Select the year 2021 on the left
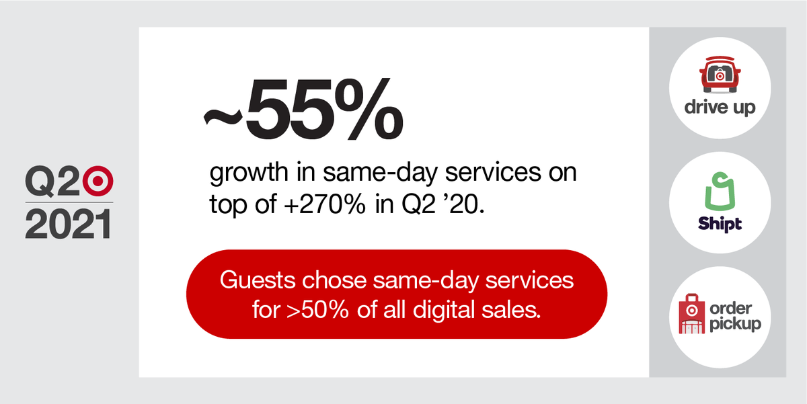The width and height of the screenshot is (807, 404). (x=68, y=223)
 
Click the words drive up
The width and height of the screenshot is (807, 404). (x=720, y=108)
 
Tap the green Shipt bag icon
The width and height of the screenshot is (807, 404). (x=720, y=192)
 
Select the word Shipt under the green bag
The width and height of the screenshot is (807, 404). (x=720, y=224)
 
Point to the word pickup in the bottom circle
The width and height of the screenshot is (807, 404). (x=735, y=323)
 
